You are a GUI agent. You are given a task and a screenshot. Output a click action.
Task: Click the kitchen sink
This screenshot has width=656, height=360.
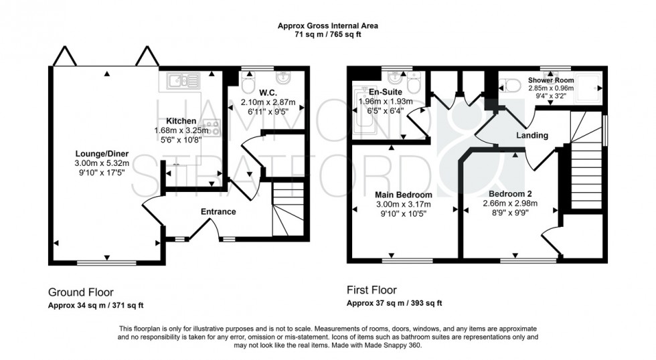(179, 81)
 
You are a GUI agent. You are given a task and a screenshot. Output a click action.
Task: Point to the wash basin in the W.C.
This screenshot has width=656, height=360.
(283, 77)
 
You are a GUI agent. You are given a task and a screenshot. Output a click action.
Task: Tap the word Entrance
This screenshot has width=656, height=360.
(219, 212)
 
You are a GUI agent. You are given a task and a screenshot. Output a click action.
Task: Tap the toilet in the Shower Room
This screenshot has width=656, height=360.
(512, 85)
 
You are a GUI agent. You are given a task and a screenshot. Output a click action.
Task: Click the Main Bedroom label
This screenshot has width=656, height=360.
(403, 195)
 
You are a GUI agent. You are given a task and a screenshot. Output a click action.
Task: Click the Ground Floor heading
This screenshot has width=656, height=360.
(80, 292)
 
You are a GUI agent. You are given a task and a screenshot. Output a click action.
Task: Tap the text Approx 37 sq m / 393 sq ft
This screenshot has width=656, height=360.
(394, 303)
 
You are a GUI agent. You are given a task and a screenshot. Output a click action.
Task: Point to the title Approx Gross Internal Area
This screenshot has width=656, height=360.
(328, 26)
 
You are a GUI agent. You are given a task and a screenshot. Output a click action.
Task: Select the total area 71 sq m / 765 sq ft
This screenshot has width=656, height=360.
(328, 35)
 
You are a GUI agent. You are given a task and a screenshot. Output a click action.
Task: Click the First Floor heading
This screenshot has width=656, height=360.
(372, 290)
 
